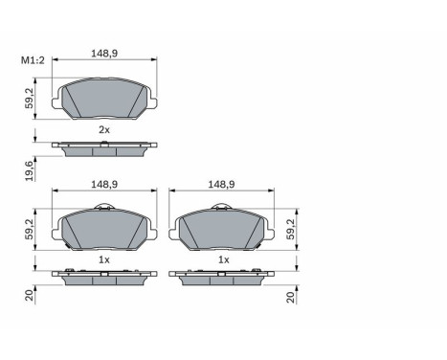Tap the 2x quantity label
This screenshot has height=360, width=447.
tap(104, 129)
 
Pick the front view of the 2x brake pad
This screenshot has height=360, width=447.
tap(104, 99)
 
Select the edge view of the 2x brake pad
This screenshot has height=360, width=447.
tap(104, 147)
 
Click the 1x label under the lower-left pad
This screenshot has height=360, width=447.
tap(104, 259)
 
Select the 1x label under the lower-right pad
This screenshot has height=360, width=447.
tap(222, 259)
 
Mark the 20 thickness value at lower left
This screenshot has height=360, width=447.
tap(30, 298)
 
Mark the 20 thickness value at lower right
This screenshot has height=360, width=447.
tap(289, 298)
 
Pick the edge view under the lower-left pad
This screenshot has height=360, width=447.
tap(104, 278)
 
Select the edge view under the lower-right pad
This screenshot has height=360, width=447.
tap(222, 278)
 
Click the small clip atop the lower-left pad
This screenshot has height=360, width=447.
tap(111, 208)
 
